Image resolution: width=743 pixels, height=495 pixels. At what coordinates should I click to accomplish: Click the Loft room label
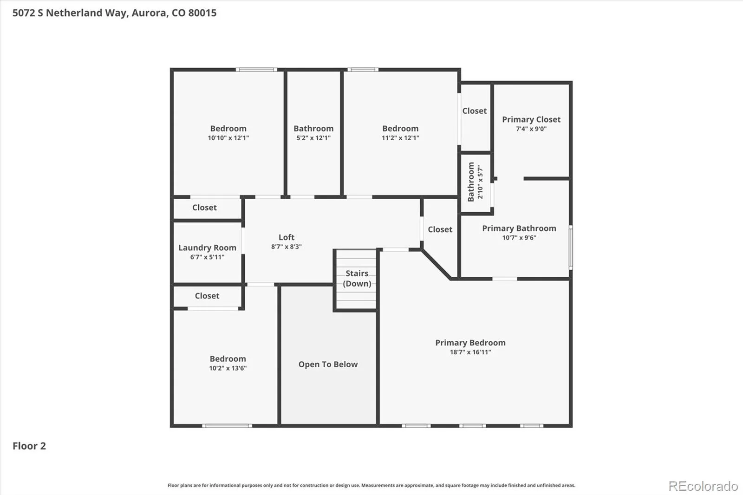tap(286, 237)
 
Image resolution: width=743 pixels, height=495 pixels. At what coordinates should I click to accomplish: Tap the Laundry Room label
tap(207, 248)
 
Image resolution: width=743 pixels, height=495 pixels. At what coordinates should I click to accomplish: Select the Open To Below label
tap(328, 364)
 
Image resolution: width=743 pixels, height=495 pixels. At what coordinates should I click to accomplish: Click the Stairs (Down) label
tap(357, 278)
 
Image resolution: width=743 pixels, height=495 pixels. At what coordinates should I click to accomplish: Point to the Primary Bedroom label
tap(470, 343)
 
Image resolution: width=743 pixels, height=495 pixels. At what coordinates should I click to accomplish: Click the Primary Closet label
tap(531, 119)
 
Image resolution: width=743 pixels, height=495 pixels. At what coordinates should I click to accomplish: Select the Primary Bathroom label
tap(519, 228)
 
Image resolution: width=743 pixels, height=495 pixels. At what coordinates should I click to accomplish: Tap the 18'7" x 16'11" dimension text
tap(470, 352)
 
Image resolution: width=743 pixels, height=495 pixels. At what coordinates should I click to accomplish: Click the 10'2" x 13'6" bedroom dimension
tap(228, 368)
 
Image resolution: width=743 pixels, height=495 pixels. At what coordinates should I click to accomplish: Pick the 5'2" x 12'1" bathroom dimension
tap(313, 138)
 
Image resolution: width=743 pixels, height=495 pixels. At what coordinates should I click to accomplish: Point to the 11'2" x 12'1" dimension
tap(400, 138)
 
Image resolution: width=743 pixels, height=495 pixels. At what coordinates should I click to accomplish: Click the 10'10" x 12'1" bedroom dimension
tap(228, 138)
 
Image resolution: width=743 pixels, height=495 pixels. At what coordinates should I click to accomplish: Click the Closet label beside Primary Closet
tap(474, 111)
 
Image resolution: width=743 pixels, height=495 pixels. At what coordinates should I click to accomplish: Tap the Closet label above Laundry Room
tap(204, 208)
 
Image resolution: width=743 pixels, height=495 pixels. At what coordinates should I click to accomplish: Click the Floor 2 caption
tap(29, 446)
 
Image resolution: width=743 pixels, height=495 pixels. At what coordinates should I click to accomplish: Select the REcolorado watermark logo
tap(703, 486)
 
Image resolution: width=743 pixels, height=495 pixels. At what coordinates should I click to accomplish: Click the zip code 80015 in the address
tap(202, 13)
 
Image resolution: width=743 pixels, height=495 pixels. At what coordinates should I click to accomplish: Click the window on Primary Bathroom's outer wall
tap(571, 247)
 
